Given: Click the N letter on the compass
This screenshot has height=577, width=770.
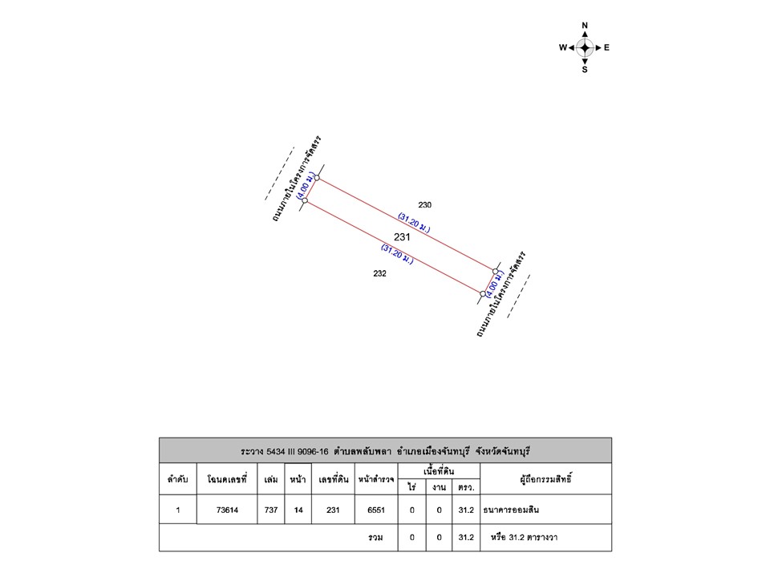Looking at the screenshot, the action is (585, 26).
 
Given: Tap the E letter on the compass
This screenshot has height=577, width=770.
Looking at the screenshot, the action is (606, 47).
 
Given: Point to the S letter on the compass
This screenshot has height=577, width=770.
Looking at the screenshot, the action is (585, 70).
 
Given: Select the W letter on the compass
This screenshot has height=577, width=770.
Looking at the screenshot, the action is (563, 47).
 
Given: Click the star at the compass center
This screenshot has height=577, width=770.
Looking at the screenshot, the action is (585, 47).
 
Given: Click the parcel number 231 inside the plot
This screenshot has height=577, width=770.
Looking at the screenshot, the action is (402, 237).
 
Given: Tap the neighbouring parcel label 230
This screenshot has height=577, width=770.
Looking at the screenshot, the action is (425, 205).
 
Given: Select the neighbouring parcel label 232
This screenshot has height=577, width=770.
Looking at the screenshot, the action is (379, 274).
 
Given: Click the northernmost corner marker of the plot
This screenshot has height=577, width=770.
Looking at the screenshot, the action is (318, 178).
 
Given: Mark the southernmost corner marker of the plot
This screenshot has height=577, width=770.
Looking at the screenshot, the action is (483, 294).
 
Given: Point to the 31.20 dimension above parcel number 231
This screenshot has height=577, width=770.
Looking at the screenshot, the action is (414, 223).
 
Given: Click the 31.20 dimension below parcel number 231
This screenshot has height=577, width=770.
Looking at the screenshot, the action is (397, 254).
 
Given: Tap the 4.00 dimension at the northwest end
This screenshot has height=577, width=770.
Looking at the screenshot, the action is (305, 184).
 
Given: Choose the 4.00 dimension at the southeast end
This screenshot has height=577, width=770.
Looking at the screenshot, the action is (495, 284).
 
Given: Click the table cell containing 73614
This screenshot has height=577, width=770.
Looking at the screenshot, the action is (227, 510).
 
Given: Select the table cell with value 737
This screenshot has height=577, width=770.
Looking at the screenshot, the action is (271, 510).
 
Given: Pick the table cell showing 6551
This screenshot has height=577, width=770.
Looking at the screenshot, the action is (376, 510).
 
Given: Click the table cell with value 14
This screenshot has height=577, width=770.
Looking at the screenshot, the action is (298, 510).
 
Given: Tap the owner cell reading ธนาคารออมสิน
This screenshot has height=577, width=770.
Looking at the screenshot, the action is (545, 510).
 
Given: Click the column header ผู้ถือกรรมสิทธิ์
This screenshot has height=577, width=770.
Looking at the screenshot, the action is (545, 479).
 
